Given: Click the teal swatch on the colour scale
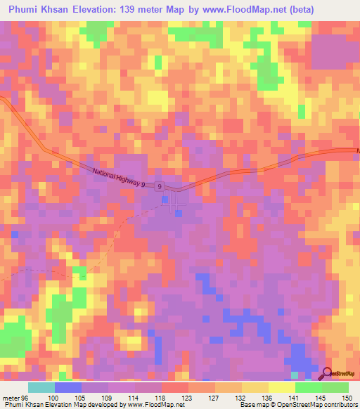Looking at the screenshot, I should coord(41,387).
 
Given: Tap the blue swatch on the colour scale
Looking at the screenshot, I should coord(67,387).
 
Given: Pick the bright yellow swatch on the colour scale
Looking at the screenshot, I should coord(281,387).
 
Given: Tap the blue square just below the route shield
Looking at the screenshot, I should coord(165,200).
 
